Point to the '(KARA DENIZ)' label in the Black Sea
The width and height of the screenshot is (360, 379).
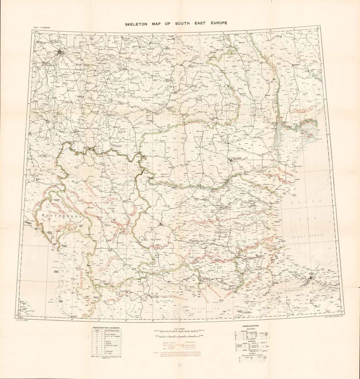click(x=309, y=235)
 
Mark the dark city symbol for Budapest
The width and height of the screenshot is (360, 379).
click(x=60, y=51)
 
